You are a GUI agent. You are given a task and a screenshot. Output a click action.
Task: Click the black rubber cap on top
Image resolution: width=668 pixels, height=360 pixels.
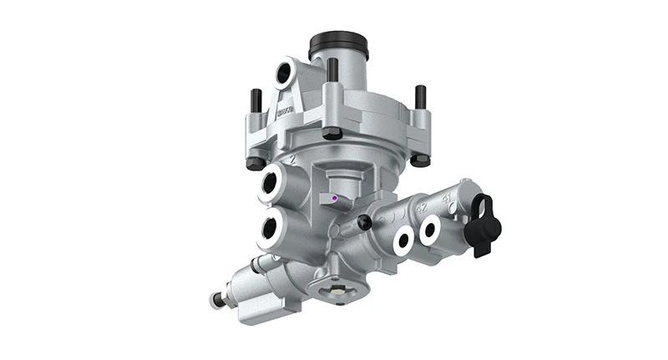tap(338, 43)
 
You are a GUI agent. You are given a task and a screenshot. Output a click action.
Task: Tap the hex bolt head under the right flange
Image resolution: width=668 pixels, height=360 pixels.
tap(420, 159)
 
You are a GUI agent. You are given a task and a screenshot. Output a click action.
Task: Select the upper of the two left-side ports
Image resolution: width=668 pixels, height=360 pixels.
tap(273, 182)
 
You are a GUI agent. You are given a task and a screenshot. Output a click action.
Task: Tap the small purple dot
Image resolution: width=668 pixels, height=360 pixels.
tap(334, 198)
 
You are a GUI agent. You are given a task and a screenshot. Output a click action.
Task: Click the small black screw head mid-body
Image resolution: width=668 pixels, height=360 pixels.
tap(364, 221)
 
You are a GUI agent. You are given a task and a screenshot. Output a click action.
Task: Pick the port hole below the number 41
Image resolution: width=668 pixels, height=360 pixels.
tap(432, 230)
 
